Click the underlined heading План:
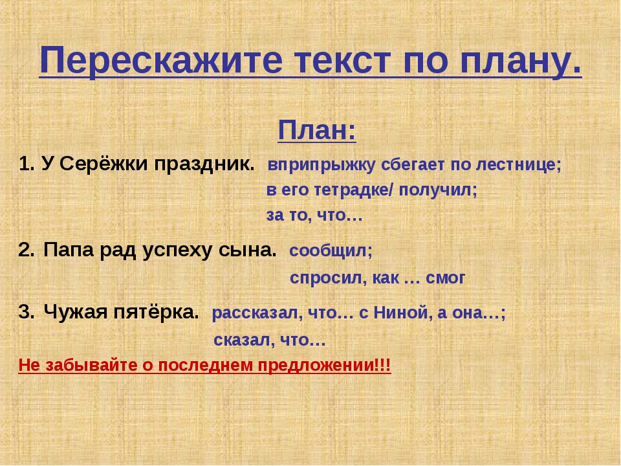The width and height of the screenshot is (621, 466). pyautogui.click(x=317, y=130)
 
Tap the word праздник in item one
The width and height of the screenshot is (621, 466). pyautogui.click(x=204, y=164)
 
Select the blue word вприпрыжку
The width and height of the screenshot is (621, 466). pyautogui.click(x=321, y=165)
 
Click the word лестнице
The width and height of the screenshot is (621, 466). pyautogui.click(x=518, y=165)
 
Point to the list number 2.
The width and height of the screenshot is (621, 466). pyautogui.click(x=26, y=250)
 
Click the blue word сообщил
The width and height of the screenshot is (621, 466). pyautogui.click(x=331, y=251)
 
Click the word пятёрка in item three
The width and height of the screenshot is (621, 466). pyautogui.click(x=156, y=312)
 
